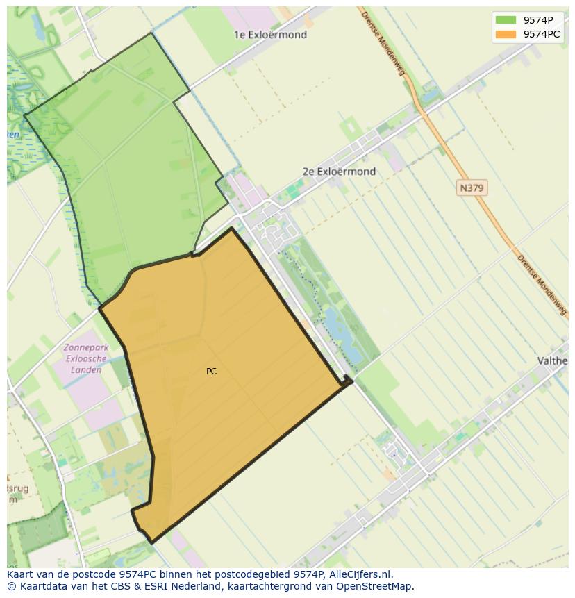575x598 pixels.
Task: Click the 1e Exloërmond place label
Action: pyautogui.click(x=270, y=35)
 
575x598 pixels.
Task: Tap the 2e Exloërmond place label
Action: pyautogui.click(x=339, y=172)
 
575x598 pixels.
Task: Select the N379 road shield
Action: pyautogui.click(x=472, y=188)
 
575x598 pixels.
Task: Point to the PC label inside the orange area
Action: pyautogui.click(x=212, y=372)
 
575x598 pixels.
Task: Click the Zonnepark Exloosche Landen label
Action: pyautogui.click(x=83, y=358)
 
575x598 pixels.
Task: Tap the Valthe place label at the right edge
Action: pyautogui.click(x=553, y=360)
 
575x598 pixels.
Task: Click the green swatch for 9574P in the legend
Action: pyautogui.click(x=505, y=20)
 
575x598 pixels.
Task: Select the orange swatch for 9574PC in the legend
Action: pyautogui.click(x=505, y=34)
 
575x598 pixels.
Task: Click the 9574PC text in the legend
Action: pyautogui.click(x=542, y=34)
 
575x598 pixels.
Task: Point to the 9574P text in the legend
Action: pyautogui.click(x=538, y=20)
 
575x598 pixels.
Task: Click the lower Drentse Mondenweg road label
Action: pyautogui.click(x=542, y=285)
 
